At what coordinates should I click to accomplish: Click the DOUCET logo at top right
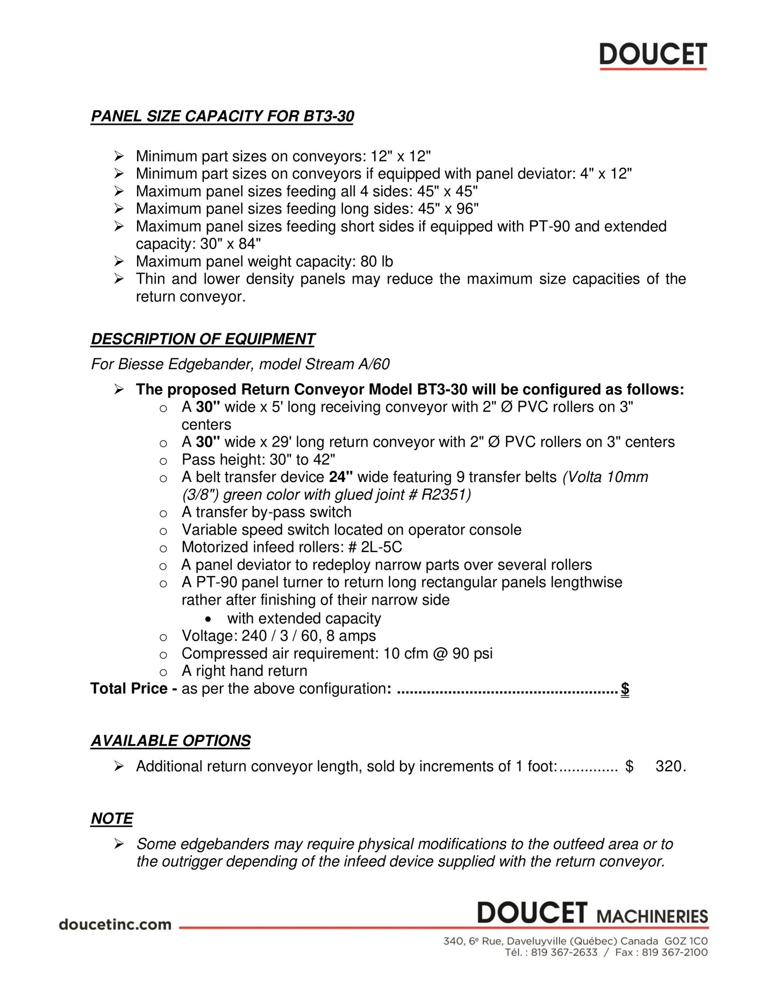point(653,55)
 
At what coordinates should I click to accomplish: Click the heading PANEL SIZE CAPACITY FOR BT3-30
point(222,116)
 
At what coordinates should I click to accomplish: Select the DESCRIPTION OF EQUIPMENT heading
point(203,339)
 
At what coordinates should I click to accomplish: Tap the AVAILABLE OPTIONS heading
point(170,741)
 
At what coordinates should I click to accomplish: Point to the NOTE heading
point(112,818)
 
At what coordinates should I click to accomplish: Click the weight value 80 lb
point(376,261)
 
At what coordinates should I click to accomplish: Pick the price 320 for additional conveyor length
point(669,766)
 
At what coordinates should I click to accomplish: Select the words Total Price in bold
point(129,689)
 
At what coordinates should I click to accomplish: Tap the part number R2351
point(446,494)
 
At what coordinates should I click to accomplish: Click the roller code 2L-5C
point(381,547)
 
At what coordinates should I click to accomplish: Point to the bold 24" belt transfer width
point(341,477)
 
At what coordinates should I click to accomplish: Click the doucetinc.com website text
point(115,925)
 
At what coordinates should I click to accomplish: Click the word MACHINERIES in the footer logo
point(652,916)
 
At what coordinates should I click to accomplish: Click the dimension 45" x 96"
point(448,209)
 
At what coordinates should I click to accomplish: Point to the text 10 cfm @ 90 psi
point(438,654)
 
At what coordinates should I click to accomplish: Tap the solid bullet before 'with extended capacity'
point(208,619)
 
